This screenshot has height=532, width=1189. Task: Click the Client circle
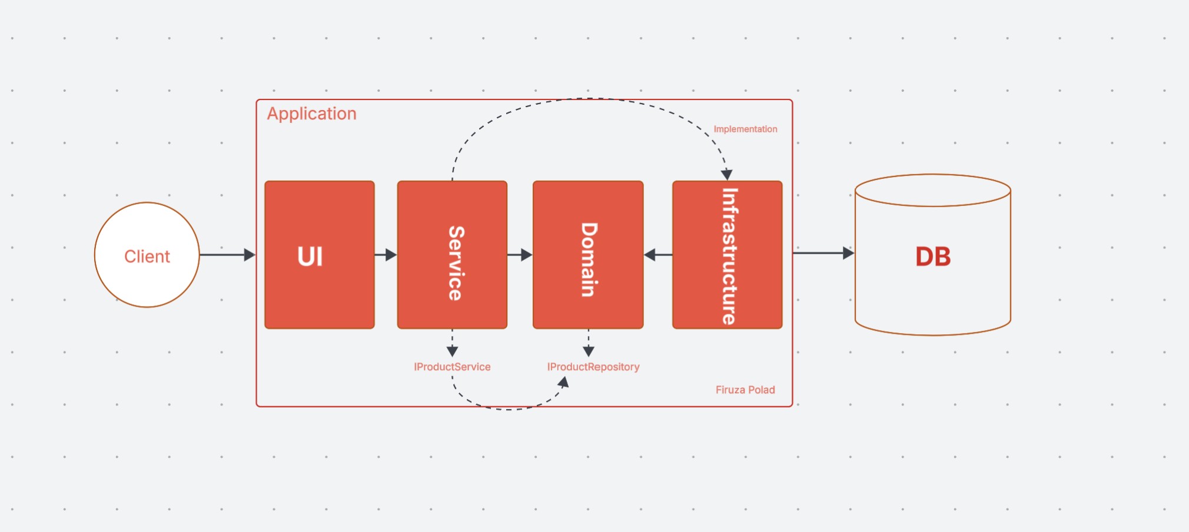point(147,255)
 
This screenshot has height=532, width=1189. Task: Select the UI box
point(320,255)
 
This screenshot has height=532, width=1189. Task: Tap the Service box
point(452,255)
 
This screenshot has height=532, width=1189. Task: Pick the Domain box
point(588,255)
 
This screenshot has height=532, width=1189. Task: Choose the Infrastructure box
point(728,255)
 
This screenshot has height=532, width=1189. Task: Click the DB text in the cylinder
point(933,257)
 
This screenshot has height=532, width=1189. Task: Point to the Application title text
point(312,114)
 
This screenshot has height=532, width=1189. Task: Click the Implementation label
point(745,129)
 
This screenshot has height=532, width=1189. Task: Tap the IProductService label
point(452,367)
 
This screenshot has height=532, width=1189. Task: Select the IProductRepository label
point(593,367)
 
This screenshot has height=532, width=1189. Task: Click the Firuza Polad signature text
point(745,390)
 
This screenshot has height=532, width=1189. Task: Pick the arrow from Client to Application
point(228,255)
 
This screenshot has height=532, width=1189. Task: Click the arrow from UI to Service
point(386,255)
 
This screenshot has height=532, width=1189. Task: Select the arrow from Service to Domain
point(520,255)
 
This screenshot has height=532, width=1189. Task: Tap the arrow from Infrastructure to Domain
point(658,255)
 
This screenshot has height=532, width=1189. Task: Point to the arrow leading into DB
point(823,253)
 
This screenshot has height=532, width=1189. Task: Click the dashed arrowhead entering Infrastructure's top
point(727,175)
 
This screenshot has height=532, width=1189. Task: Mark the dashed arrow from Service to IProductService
point(452,343)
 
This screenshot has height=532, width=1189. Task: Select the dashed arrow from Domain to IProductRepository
point(588,343)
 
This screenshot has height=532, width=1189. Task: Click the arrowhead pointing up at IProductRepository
point(563,383)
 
